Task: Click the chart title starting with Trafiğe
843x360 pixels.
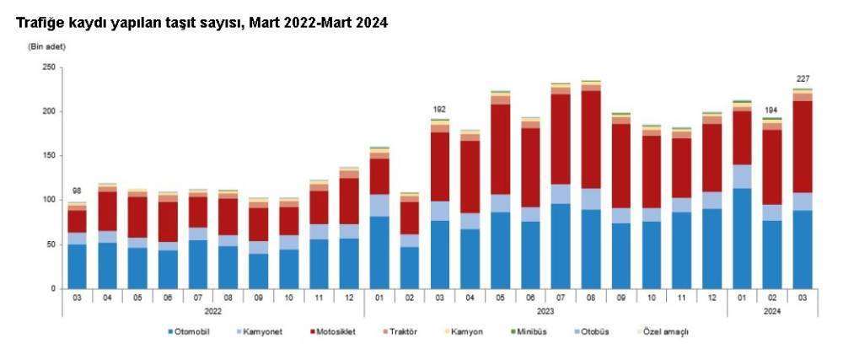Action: tap(202, 23)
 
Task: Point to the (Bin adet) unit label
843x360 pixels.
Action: tap(46, 46)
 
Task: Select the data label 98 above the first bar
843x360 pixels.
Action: tap(77, 191)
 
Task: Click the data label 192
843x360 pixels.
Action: tap(439, 110)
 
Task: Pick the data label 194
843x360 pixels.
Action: tap(772, 110)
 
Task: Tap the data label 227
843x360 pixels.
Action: tap(803, 79)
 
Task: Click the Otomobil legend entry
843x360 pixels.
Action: tap(188, 331)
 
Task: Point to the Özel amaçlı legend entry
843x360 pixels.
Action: tap(661, 331)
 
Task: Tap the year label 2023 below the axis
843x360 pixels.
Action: tap(545, 311)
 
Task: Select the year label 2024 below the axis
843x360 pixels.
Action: tap(772, 311)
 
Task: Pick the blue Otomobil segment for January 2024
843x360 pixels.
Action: tap(742, 239)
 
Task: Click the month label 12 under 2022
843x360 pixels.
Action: tap(349, 297)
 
